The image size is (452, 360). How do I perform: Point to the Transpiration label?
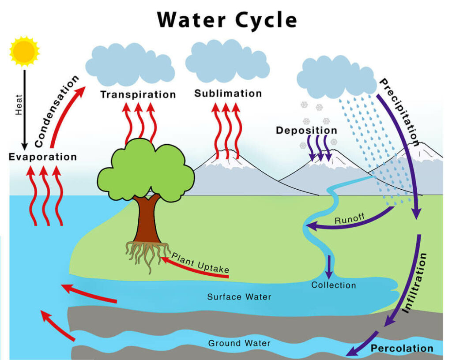point(138,94)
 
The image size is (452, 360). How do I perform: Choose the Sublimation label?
point(228,94)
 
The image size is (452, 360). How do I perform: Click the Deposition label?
point(306,131)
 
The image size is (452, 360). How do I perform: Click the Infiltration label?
point(415,282)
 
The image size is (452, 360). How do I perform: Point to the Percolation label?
point(402,349)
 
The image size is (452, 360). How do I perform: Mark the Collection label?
point(334,285)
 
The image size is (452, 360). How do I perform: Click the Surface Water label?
point(239,297)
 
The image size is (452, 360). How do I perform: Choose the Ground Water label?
point(239,343)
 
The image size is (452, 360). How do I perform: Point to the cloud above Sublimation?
point(227,62)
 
